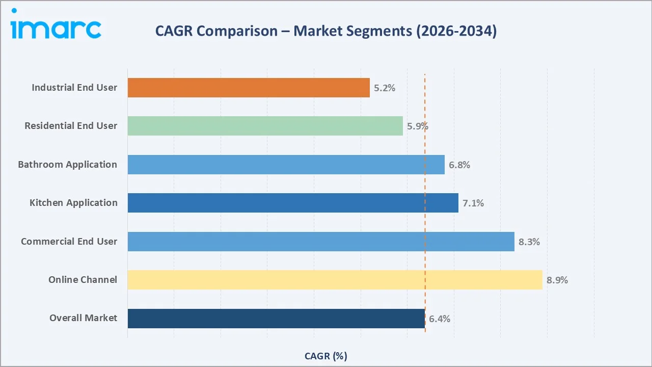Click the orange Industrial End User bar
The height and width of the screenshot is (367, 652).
[x=249, y=88]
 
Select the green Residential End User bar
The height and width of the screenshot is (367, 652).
[x=265, y=126]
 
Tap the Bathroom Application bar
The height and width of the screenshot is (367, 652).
[x=286, y=165]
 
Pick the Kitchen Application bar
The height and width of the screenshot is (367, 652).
[x=293, y=203]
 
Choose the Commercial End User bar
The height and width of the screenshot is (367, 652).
[x=321, y=242]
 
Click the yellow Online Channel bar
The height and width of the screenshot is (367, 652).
[x=335, y=280]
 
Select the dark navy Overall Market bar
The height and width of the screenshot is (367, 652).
[x=276, y=319]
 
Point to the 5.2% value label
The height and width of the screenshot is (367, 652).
[x=385, y=88]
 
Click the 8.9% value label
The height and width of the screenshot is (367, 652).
[x=557, y=280]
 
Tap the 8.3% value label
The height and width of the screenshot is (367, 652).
[x=529, y=242]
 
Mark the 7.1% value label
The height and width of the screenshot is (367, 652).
[x=473, y=203]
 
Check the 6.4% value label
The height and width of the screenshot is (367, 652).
[x=440, y=319]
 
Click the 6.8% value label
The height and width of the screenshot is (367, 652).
[x=459, y=165]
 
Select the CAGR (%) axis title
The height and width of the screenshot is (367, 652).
[x=326, y=356]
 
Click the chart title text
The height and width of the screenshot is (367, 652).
[x=326, y=31]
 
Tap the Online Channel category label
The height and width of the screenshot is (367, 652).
[x=83, y=280]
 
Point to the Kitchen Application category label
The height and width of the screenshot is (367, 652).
[x=73, y=203]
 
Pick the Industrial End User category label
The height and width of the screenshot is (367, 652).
[x=74, y=88]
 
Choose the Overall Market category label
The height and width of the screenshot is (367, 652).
[x=83, y=318]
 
